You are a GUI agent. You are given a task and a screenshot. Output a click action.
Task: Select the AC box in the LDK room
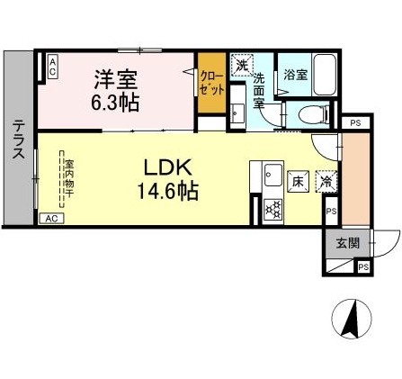52,218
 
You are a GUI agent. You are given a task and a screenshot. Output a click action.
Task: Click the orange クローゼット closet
212,89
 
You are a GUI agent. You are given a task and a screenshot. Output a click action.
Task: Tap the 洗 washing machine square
240,65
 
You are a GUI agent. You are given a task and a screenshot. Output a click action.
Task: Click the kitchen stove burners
272,208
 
